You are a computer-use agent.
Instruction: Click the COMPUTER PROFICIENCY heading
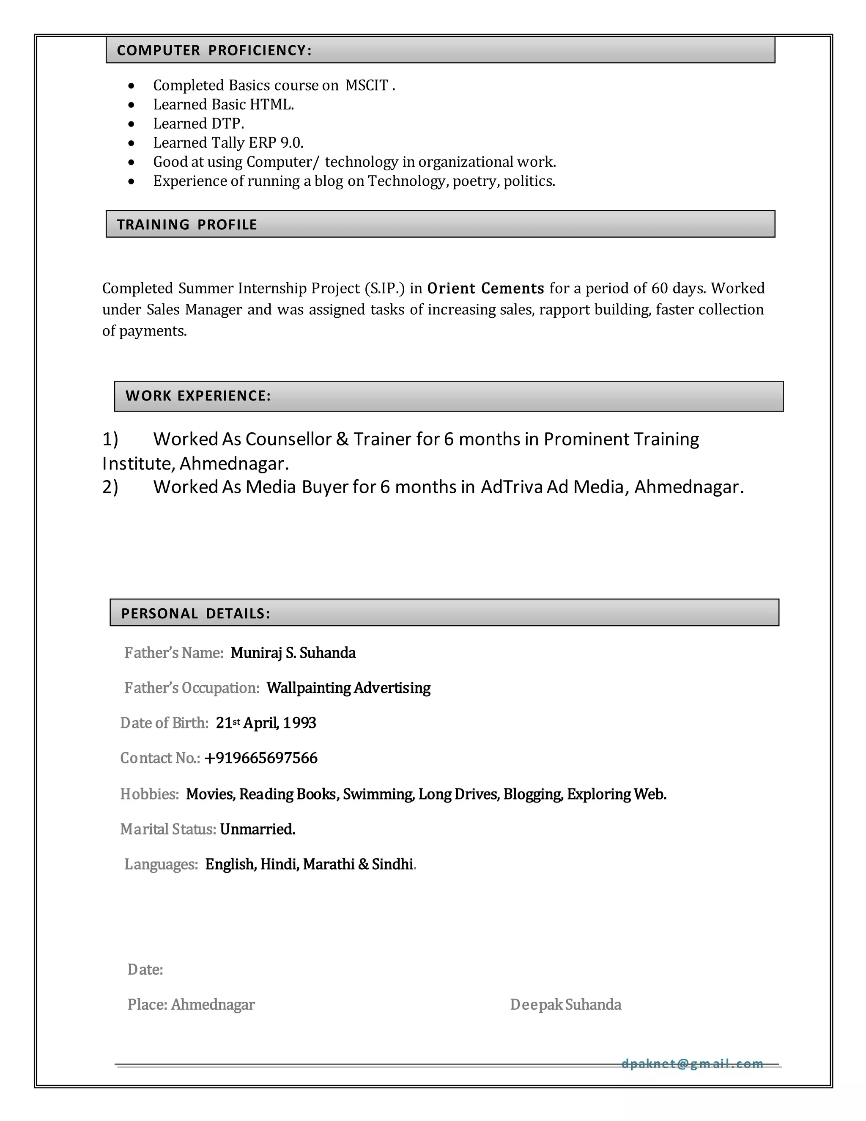click(x=214, y=50)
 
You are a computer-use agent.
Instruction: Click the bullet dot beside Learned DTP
click(x=132, y=124)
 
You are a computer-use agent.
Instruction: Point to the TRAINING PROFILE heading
click(x=187, y=224)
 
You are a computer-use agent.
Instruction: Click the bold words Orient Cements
click(x=485, y=288)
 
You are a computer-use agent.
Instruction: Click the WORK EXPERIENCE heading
click(x=198, y=396)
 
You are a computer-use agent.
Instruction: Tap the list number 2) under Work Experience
click(x=110, y=486)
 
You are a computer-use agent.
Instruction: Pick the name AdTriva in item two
click(x=512, y=486)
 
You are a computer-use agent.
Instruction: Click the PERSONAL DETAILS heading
click(x=195, y=613)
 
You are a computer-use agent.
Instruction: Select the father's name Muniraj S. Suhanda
click(x=293, y=653)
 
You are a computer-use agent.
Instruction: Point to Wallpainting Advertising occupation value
click(x=348, y=688)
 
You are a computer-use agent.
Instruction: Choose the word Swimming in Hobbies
click(x=378, y=794)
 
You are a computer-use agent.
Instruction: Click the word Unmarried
click(x=258, y=829)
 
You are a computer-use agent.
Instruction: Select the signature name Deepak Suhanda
click(x=565, y=1005)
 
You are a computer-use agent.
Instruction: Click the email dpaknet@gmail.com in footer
click(x=692, y=1063)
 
